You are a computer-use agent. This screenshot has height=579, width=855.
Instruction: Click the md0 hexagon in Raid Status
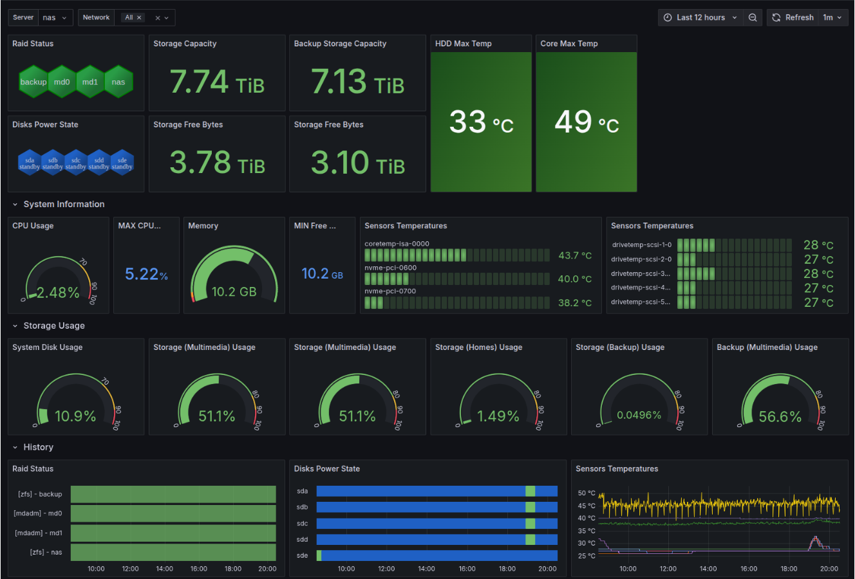62,82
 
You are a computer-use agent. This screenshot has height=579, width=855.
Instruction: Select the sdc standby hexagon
76,163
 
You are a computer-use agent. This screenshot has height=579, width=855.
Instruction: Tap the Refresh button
793,17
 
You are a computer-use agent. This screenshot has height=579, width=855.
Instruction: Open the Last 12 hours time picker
700,17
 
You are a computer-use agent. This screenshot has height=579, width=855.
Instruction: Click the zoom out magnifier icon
753,17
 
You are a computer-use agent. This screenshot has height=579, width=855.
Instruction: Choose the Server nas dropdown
55,17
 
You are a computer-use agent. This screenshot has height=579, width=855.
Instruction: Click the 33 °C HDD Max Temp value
481,122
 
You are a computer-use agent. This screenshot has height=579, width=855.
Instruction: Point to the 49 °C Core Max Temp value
587,122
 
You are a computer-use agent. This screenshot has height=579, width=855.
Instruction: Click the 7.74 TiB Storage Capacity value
217,82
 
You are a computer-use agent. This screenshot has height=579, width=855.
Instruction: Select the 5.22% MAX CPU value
146,275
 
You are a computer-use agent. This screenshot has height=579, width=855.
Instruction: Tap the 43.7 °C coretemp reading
574,255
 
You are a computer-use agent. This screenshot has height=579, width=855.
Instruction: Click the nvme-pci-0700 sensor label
390,291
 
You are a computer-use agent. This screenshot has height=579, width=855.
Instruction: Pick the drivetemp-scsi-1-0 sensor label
641,245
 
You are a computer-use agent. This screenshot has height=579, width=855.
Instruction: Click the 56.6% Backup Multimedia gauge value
780,417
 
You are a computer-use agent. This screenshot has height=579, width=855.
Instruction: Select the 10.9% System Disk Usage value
75,417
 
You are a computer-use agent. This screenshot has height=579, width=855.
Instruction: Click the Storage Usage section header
54,326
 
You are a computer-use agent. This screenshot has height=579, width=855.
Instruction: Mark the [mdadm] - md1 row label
38,533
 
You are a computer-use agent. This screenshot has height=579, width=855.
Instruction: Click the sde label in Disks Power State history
302,555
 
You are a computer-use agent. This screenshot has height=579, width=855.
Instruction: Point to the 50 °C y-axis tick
586,493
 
